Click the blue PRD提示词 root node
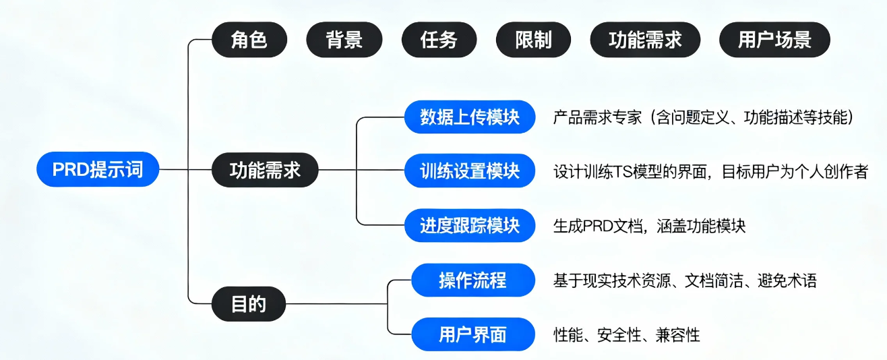pyautogui.click(x=98, y=170)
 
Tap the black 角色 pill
pyautogui.click(x=249, y=40)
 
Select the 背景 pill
pyautogui.click(x=344, y=40)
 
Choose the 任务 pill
pyautogui.click(x=439, y=40)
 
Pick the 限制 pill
pyautogui.click(x=533, y=40)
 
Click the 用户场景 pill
pyautogui.click(x=774, y=40)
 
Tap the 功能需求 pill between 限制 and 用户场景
pyautogui.click(x=645, y=40)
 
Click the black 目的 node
pyautogui.click(x=249, y=304)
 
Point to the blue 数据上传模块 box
pyautogui.click(x=470, y=117)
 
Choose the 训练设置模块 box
pyautogui.click(x=470, y=171)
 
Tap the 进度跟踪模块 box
pyautogui.click(x=470, y=225)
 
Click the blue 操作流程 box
pyautogui.click(x=472, y=280)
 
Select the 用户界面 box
pyautogui.click(x=472, y=334)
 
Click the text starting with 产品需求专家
pyautogui.click(x=704, y=118)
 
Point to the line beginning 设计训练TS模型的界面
pyautogui.click(x=710, y=172)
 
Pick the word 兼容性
pyautogui.click(x=678, y=335)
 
